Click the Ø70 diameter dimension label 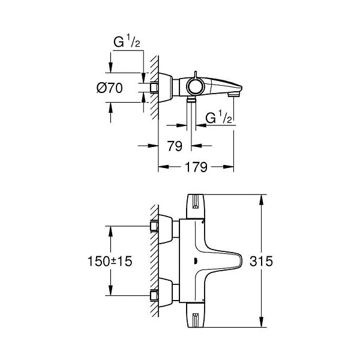(110, 88)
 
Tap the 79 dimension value (175, 146)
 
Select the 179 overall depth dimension (196, 167)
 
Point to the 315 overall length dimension (261, 261)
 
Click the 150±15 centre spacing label (110, 261)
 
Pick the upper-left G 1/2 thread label (127, 42)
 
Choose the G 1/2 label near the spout (218, 118)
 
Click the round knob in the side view (195, 86)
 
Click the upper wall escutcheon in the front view (166, 229)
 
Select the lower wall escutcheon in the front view (166, 292)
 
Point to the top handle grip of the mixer (196, 206)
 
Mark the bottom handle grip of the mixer (196, 315)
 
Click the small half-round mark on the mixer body (196, 261)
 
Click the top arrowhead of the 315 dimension (261, 200)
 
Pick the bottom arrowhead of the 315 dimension (261, 322)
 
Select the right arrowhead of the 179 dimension (229, 167)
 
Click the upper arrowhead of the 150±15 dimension (110, 231)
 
